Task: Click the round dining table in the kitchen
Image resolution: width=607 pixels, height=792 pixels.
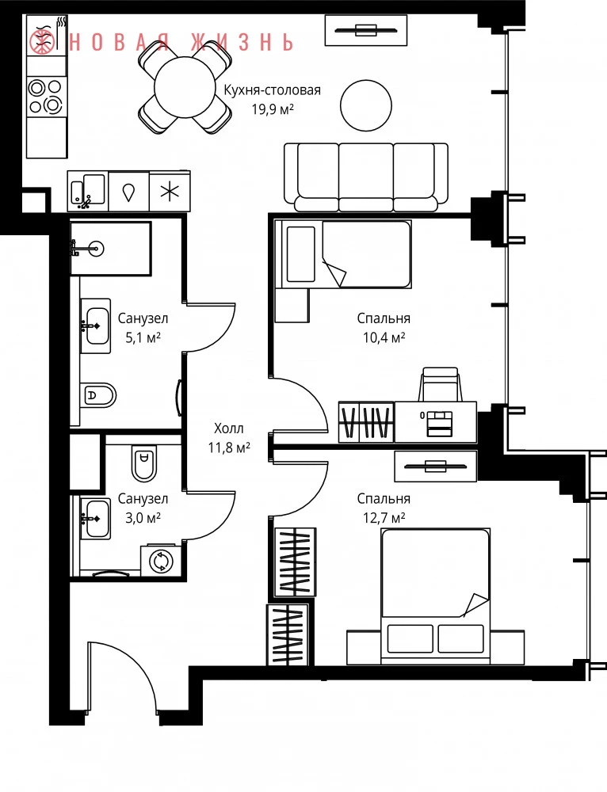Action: coord(185,87)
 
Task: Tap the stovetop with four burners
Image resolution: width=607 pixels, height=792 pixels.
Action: coord(47,97)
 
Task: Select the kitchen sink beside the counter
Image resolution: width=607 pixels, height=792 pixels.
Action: coord(88,191)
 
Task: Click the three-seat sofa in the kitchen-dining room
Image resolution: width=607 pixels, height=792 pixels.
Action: coord(365,177)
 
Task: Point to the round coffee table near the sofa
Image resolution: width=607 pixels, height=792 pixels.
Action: coord(366,105)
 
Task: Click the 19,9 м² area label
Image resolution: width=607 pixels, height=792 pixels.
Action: coord(273,109)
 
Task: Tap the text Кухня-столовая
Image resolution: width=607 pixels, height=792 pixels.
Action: coord(273,90)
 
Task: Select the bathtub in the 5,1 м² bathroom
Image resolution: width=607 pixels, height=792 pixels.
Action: coord(110,248)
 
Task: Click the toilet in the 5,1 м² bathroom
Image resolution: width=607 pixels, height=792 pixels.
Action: coord(98,394)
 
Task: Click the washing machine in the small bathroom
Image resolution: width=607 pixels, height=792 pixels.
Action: coord(161,560)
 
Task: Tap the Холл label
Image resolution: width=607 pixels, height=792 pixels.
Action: coord(228,428)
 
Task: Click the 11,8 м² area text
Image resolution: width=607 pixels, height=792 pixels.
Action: coord(229,447)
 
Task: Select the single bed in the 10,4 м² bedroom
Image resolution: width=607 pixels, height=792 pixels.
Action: coord(342,253)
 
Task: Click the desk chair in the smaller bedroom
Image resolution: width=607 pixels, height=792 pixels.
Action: coord(440,384)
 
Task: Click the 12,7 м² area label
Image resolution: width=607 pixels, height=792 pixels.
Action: coord(384,517)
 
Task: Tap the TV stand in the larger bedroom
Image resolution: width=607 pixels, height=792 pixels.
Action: coord(435,465)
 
